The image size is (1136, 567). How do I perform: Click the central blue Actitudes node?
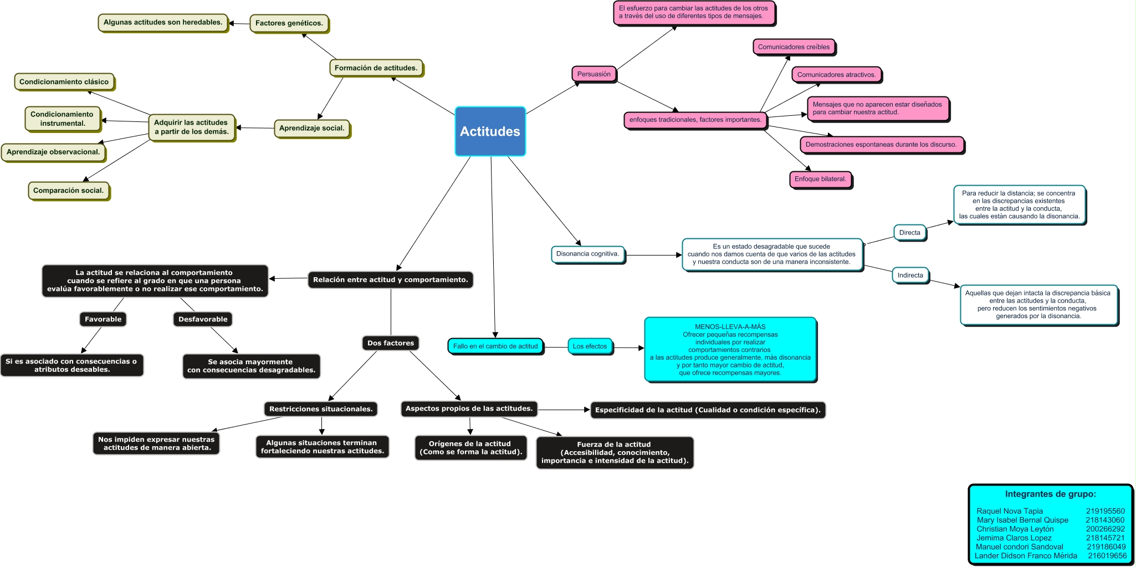click(x=490, y=131)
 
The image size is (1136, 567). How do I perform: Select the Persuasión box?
click(x=593, y=74)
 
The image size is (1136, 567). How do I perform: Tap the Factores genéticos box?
click(x=289, y=23)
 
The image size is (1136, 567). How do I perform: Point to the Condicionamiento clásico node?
click(x=64, y=81)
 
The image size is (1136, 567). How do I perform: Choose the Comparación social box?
click(x=68, y=190)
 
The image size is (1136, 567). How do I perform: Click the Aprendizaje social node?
click(x=311, y=128)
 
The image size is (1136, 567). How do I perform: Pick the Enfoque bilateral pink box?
click(x=820, y=179)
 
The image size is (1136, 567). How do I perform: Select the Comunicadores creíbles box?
click(x=794, y=47)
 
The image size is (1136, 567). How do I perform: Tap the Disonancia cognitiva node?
click(x=587, y=254)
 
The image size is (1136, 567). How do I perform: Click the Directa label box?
click(x=909, y=233)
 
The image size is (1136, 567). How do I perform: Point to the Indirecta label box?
click(x=910, y=275)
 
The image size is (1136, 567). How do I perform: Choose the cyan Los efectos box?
click(x=590, y=346)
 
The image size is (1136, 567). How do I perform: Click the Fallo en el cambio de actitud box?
click(x=495, y=346)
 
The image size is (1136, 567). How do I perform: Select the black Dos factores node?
click(x=390, y=343)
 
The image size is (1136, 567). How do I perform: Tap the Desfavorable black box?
click(x=203, y=319)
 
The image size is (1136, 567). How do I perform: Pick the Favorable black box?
click(x=103, y=319)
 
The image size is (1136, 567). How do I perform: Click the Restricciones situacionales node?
click(x=320, y=409)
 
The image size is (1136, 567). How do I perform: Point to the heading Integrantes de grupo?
click(x=1050, y=494)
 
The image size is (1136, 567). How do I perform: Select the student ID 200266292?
click(x=1105, y=529)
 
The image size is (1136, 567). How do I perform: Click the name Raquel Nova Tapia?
click(x=1009, y=511)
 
